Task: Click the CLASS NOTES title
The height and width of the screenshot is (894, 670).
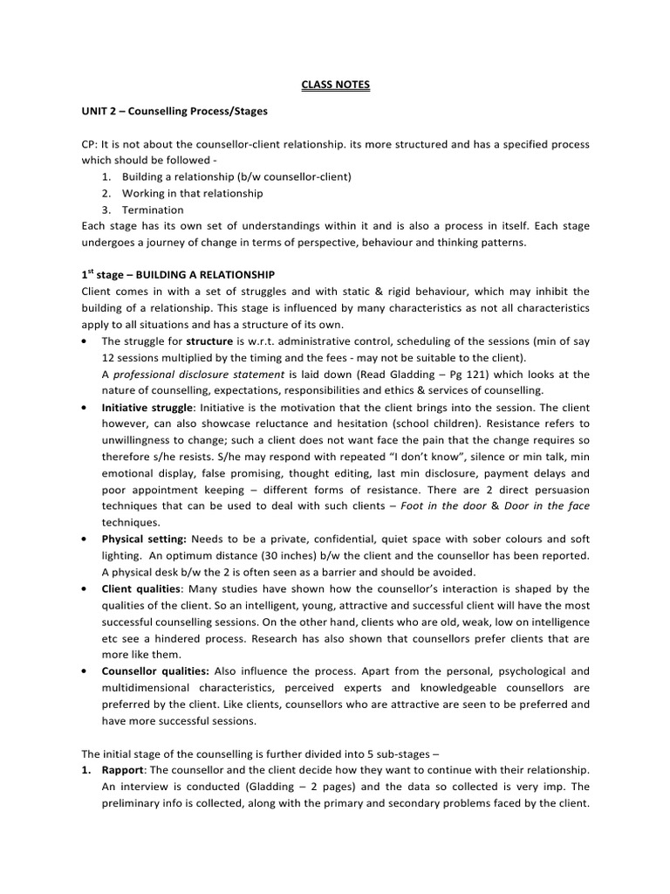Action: (335, 85)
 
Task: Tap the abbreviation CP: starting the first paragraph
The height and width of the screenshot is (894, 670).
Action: (91, 145)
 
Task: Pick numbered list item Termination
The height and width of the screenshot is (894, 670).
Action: (153, 210)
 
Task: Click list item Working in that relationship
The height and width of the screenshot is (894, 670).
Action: (192, 193)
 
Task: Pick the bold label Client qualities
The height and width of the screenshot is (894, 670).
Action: (140, 589)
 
